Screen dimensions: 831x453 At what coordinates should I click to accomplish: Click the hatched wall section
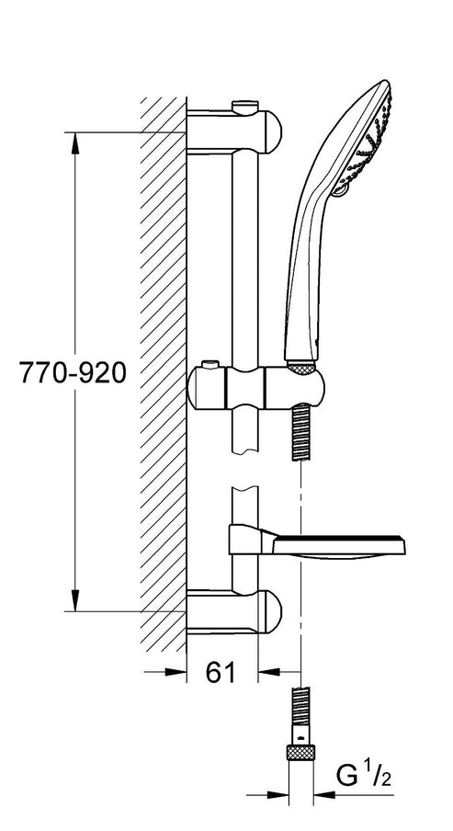click(163, 368)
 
